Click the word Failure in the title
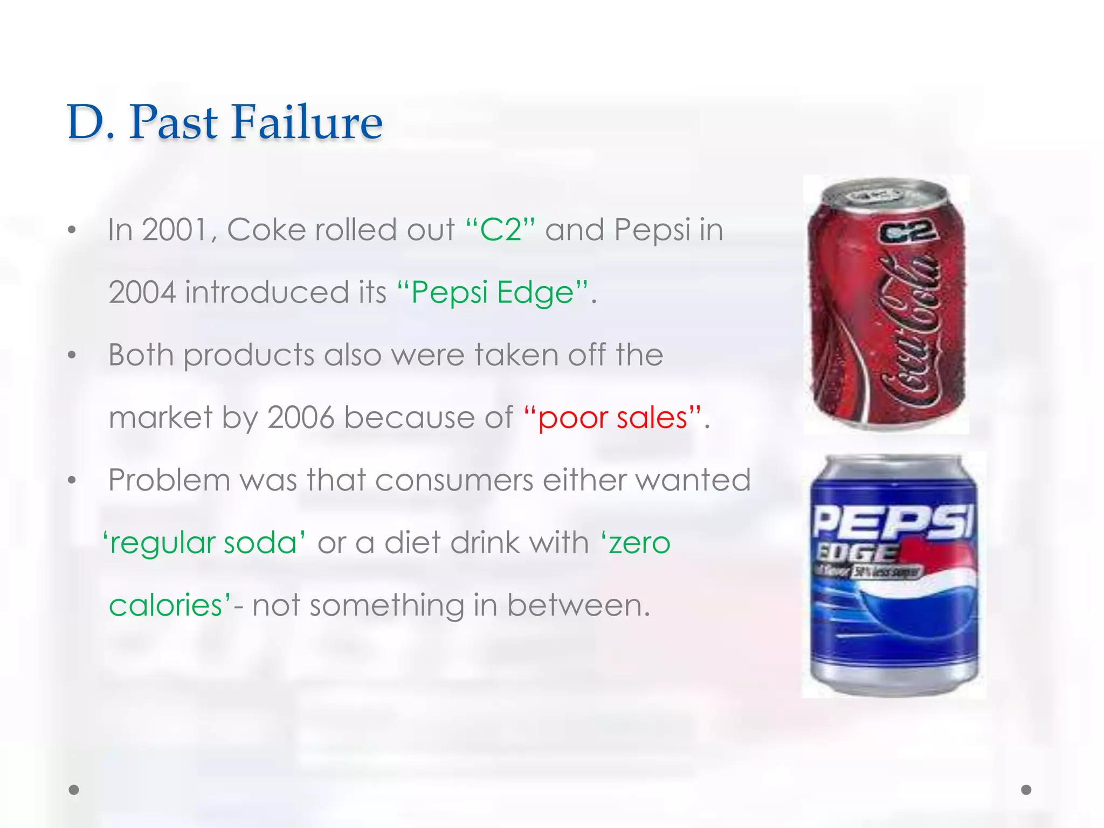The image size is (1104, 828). point(307,122)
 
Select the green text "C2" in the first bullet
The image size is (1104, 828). point(501,230)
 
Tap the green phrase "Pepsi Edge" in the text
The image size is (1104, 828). point(492,293)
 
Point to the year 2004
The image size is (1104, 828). point(142,293)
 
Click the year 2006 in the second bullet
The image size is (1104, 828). point(301,418)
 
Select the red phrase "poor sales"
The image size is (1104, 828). point(613,418)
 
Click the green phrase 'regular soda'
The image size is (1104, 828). point(204,543)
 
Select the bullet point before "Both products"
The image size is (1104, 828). point(72,355)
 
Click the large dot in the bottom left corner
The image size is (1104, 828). point(74,790)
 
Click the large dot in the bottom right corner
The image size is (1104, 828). point(1026,790)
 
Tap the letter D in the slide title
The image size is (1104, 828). point(86,122)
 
